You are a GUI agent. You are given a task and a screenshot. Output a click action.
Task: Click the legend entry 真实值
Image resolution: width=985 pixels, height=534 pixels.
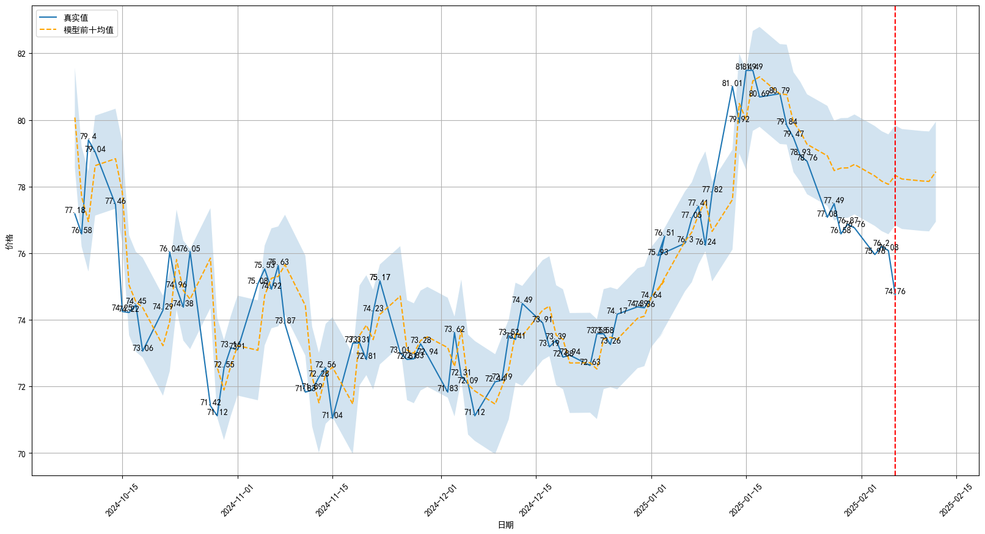[76, 18]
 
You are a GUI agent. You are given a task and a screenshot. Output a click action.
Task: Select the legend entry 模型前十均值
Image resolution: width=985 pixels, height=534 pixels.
[88, 30]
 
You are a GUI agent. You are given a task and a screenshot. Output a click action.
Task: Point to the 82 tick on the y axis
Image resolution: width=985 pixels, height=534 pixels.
[22, 54]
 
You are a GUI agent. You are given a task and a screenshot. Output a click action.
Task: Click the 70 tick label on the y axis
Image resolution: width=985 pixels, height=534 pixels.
[22, 453]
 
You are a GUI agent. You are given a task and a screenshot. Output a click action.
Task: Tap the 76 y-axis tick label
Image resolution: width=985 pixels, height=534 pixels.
[22, 254]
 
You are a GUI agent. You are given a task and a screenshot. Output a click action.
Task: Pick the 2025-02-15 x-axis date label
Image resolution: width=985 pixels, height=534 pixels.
[954, 502]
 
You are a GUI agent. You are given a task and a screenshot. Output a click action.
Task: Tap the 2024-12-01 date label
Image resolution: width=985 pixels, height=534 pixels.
[439, 502]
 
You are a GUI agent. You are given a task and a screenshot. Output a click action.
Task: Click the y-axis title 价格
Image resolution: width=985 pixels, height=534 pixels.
[9, 242]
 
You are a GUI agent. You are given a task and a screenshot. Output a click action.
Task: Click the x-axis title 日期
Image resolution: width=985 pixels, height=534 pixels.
[505, 525]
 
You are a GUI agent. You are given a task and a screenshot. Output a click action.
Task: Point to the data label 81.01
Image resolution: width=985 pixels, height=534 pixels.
[732, 84]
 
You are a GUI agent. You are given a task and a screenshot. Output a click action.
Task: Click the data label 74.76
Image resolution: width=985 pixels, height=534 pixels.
[895, 292]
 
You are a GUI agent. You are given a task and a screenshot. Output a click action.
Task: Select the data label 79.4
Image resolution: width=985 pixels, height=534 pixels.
[88, 137]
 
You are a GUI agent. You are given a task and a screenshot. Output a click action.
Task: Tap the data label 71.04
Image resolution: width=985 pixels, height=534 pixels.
[332, 416]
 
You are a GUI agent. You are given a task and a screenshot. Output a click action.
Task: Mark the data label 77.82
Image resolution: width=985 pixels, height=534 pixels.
[712, 190]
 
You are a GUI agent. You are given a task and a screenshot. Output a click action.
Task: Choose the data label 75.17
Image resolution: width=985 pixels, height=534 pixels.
[379, 278]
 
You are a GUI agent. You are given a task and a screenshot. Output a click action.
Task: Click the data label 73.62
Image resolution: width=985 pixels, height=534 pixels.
[455, 330]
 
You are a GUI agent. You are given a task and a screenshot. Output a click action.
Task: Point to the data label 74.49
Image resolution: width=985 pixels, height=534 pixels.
[522, 300]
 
